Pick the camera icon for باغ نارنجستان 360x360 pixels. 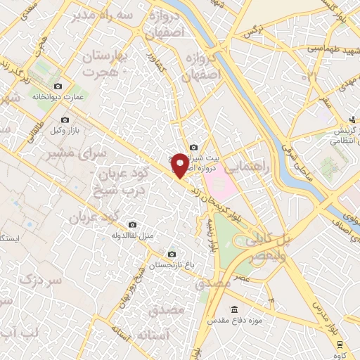click(172, 254)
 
